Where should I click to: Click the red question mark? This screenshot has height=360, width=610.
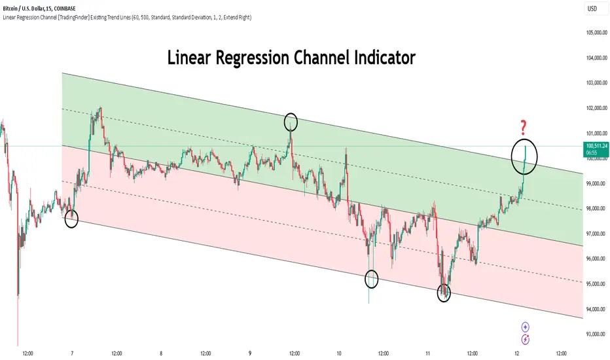coord(524,126)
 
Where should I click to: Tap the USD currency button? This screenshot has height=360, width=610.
coord(592,10)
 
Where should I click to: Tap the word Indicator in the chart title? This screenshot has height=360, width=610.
coord(379,58)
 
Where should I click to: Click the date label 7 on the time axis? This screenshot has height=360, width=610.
coord(72,352)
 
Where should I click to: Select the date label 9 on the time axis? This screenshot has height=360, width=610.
coord(250,352)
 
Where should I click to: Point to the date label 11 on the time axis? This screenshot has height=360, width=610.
coord(427,352)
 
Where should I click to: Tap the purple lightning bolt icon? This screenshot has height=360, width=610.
coord(525,339)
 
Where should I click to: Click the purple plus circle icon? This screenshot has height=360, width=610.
coord(525,327)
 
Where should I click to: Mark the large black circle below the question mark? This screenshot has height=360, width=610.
coord(524,155)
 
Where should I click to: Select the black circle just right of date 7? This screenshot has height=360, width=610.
coord(72,219)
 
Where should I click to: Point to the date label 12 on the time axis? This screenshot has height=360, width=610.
coord(517,352)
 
